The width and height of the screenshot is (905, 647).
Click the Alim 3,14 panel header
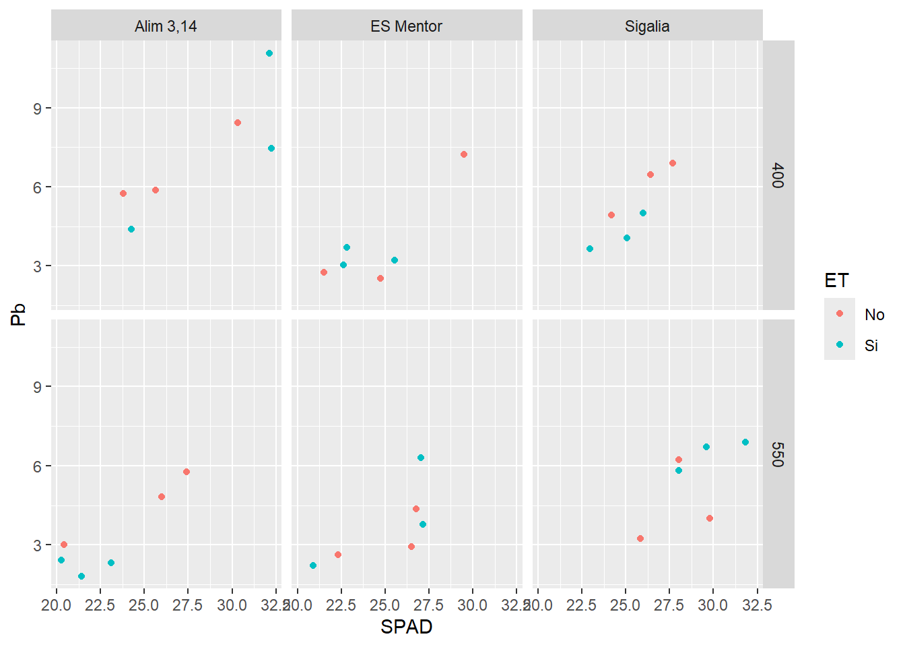click(166, 26)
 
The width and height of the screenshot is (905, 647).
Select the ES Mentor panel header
click(406, 26)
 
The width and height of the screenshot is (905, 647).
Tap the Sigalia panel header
click(647, 26)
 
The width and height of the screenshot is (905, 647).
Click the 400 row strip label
click(778, 175)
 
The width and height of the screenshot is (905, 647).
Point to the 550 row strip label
click(778, 454)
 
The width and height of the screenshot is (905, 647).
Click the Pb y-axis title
click(18, 315)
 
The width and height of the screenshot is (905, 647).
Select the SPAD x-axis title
click(406, 627)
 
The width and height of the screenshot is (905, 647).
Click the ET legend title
click(836, 280)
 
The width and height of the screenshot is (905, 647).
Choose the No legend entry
click(874, 314)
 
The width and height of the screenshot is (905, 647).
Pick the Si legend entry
click(871, 345)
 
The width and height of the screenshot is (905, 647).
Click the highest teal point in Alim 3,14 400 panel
click(269, 53)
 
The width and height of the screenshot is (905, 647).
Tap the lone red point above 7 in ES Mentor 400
click(464, 154)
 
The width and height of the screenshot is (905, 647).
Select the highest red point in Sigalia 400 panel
click(673, 163)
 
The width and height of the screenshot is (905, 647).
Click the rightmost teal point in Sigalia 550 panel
click(745, 442)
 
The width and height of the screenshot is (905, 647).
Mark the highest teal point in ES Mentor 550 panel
click(421, 458)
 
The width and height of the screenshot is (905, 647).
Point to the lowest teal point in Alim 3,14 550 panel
click(81, 576)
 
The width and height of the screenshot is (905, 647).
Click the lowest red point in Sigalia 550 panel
click(640, 538)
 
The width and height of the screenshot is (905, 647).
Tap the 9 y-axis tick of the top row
click(38, 109)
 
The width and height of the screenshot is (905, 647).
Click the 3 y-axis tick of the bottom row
click(38, 545)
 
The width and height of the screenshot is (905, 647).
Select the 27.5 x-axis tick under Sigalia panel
click(669, 605)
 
